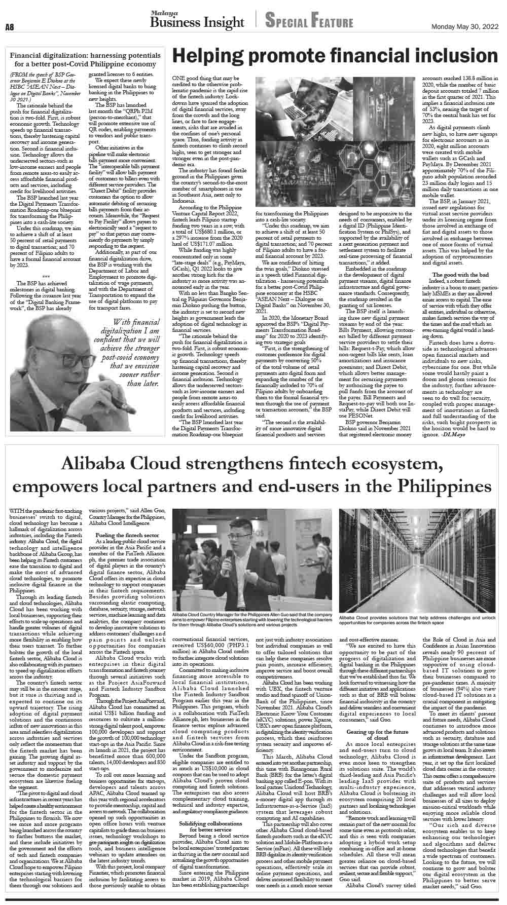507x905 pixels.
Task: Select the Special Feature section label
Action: pos(309,22)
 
